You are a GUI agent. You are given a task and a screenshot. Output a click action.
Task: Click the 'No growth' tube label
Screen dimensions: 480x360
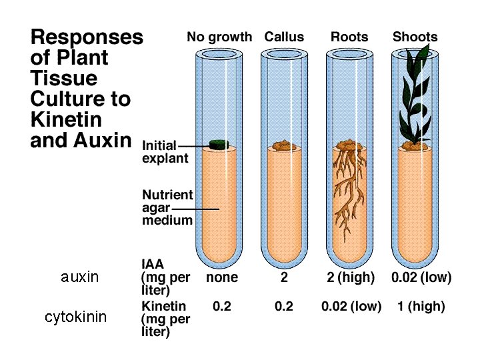click(x=220, y=37)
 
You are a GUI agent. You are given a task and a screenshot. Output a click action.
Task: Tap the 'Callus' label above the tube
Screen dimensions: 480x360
click(x=284, y=37)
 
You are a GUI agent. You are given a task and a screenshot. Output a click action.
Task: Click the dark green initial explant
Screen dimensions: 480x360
click(x=219, y=144)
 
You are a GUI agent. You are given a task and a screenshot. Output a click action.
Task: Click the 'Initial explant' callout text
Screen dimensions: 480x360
click(x=165, y=151)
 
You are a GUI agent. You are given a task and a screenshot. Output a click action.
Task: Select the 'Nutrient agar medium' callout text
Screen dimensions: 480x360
click(x=167, y=207)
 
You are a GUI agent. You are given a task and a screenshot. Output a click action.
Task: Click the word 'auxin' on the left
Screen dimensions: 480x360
click(x=79, y=277)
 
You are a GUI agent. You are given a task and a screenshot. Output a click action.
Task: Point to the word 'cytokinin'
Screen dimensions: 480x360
click(x=75, y=317)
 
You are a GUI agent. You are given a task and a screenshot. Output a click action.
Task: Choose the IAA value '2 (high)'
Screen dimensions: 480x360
click(x=351, y=277)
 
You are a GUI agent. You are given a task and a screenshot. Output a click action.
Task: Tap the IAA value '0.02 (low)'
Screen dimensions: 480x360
click(x=421, y=277)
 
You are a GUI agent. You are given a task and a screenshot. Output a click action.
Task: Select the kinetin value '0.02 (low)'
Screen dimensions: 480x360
click(x=351, y=307)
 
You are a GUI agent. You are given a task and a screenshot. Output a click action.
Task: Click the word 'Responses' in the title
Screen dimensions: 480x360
click(x=87, y=37)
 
